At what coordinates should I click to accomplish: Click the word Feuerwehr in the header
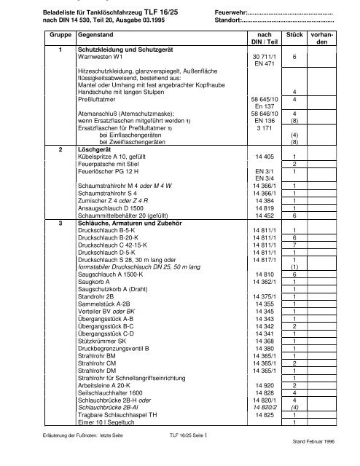tap(232, 12)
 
